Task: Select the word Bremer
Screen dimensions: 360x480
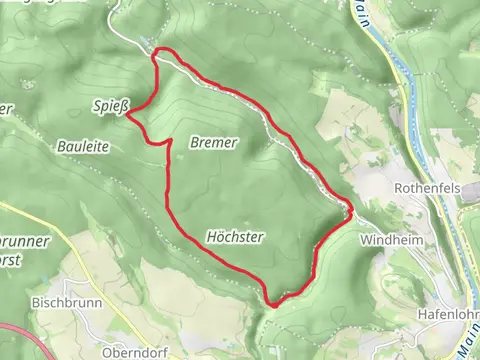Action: click(213, 143)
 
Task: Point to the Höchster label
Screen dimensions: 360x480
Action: click(234, 237)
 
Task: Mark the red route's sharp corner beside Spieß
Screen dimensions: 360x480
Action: click(127, 112)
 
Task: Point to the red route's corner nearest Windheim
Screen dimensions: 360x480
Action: click(351, 209)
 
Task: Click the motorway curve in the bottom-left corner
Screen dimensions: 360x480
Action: click(20, 335)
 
